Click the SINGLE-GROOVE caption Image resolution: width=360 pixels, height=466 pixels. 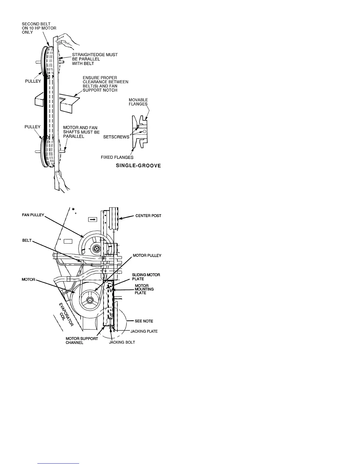[x=138, y=166]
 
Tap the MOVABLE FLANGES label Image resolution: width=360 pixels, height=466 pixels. [x=138, y=102]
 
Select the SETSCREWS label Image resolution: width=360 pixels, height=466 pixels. [x=116, y=137]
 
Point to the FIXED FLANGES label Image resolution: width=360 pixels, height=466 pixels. [x=117, y=157]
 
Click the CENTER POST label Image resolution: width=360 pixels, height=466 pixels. [x=148, y=216]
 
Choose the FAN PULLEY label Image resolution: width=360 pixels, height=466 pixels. [x=33, y=215]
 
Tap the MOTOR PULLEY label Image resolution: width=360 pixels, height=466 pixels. [x=147, y=255]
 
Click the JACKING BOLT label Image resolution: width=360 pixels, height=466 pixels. [x=122, y=342]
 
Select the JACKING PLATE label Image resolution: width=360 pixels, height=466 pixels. [x=144, y=331]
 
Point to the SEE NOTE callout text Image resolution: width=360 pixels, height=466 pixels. [x=144, y=321]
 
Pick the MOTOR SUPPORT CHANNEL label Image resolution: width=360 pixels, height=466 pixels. [x=82, y=341]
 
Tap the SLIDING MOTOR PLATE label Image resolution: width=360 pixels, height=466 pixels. [x=146, y=277]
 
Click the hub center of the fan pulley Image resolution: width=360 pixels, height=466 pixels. [x=96, y=249]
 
